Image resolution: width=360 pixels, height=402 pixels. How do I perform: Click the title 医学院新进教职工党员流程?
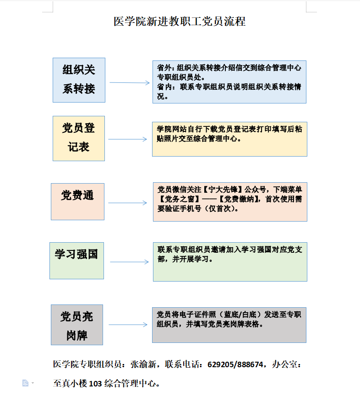[x=180, y=22]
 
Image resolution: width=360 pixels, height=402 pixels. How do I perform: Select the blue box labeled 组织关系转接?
[x=79, y=80]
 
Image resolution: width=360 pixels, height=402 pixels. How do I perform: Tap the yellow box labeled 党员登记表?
[x=79, y=138]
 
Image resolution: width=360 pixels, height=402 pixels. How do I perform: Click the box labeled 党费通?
[x=77, y=201]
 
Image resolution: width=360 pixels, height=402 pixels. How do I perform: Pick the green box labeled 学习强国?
[x=76, y=260]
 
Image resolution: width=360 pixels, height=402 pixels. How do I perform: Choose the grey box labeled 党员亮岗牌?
[x=76, y=325]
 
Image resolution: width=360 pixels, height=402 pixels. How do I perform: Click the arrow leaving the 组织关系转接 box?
[x=129, y=83]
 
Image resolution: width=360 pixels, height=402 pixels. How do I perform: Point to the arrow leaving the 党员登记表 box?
[x=129, y=140]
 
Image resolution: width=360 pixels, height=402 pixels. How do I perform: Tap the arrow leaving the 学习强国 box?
[x=129, y=262]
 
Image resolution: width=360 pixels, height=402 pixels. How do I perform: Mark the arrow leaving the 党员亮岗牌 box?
[x=128, y=325]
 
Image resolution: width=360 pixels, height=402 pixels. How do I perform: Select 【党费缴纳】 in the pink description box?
[x=239, y=199]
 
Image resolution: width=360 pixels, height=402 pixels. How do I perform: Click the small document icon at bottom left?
[x=26, y=383]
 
